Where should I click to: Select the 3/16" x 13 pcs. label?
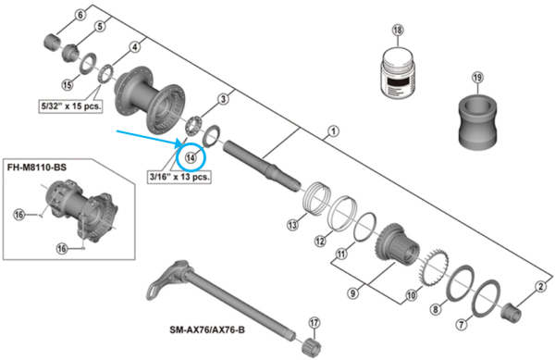click(x=180, y=174)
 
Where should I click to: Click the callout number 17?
click(x=314, y=322)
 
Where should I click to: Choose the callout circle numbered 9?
click(x=351, y=293)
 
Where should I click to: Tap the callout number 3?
click(x=222, y=99)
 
